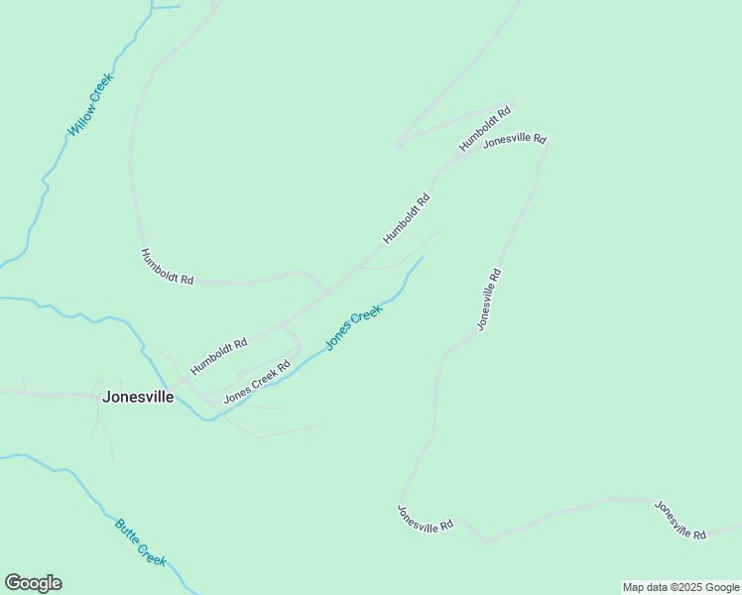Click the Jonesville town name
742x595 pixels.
pyautogui.click(x=138, y=397)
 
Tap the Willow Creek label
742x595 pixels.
pyautogui.click(x=90, y=104)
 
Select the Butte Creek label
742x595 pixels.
pyautogui.click(x=140, y=542)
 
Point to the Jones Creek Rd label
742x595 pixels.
pyautogui.click(x=256, y=381)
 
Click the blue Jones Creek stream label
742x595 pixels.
pyautogui.click(x=354, y=327)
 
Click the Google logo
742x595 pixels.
pyautogui.click(x=33, y=583)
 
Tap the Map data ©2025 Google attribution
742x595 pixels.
pyautogui.click(x=680, y=587)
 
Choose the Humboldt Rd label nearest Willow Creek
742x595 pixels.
pyautogui.click(x=167, y=267)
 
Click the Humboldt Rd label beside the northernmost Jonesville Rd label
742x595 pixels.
pyautogui.click(x=485, y=128)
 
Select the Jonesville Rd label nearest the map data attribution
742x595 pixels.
pyautogui.click(x=680, y=520)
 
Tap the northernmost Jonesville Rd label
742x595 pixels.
pyautogui.click(x=515, y=141)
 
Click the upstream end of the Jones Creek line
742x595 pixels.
pyautogui.click(x=423, y=258)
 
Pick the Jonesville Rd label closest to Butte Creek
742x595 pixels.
pyautogui.click(x=425, y=518)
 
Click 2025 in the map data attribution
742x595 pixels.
pyautogui.click(x=690, y=587)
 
